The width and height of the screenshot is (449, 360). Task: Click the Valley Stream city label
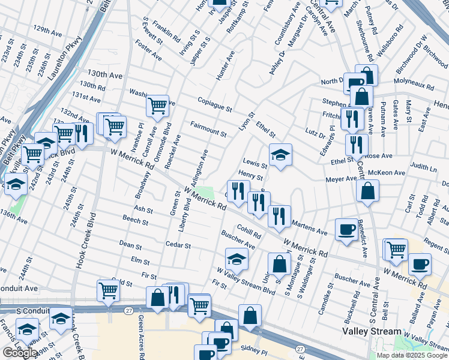(x=372, y=331)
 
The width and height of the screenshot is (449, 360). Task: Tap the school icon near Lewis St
(x=280, y=155)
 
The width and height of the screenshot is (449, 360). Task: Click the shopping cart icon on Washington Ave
(x=157, y=106)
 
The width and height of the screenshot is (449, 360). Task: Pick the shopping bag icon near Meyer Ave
(x=367, y=191)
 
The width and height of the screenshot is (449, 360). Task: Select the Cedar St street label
(x=179, y=245)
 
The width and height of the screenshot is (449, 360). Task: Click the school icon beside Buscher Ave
(x=237, y=259)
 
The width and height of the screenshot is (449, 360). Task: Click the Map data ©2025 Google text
(x=412, y=355)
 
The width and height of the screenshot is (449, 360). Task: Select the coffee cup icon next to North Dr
(x=354, y=83)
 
